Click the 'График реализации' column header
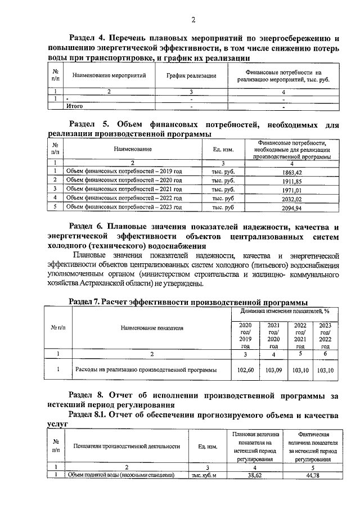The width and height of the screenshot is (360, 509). [191, 75]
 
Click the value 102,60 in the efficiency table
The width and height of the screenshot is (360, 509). [246, 370]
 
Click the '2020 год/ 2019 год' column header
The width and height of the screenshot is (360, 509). [246, 336]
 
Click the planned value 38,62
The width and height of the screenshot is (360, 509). [256, 475]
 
